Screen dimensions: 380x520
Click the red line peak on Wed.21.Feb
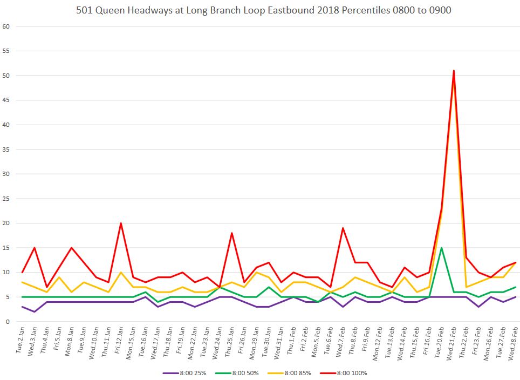pyautogui.click(x=454, y=71)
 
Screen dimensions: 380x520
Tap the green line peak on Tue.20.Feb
pyautogui.click(x=442, y=248)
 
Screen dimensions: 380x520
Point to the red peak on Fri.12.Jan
pyautogui.click(x=121, y=223)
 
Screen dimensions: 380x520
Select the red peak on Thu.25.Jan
pyautogui.click(x=231, y=233)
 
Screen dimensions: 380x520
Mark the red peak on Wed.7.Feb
pyautogui.click(x=343, y=228)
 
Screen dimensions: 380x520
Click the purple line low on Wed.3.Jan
pyautogui.click(x=34, y=311)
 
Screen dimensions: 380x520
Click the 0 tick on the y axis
pyautogui.click(x=8, y=322)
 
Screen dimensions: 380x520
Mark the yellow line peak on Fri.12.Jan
pyautogui.click(x=121, y=272)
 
